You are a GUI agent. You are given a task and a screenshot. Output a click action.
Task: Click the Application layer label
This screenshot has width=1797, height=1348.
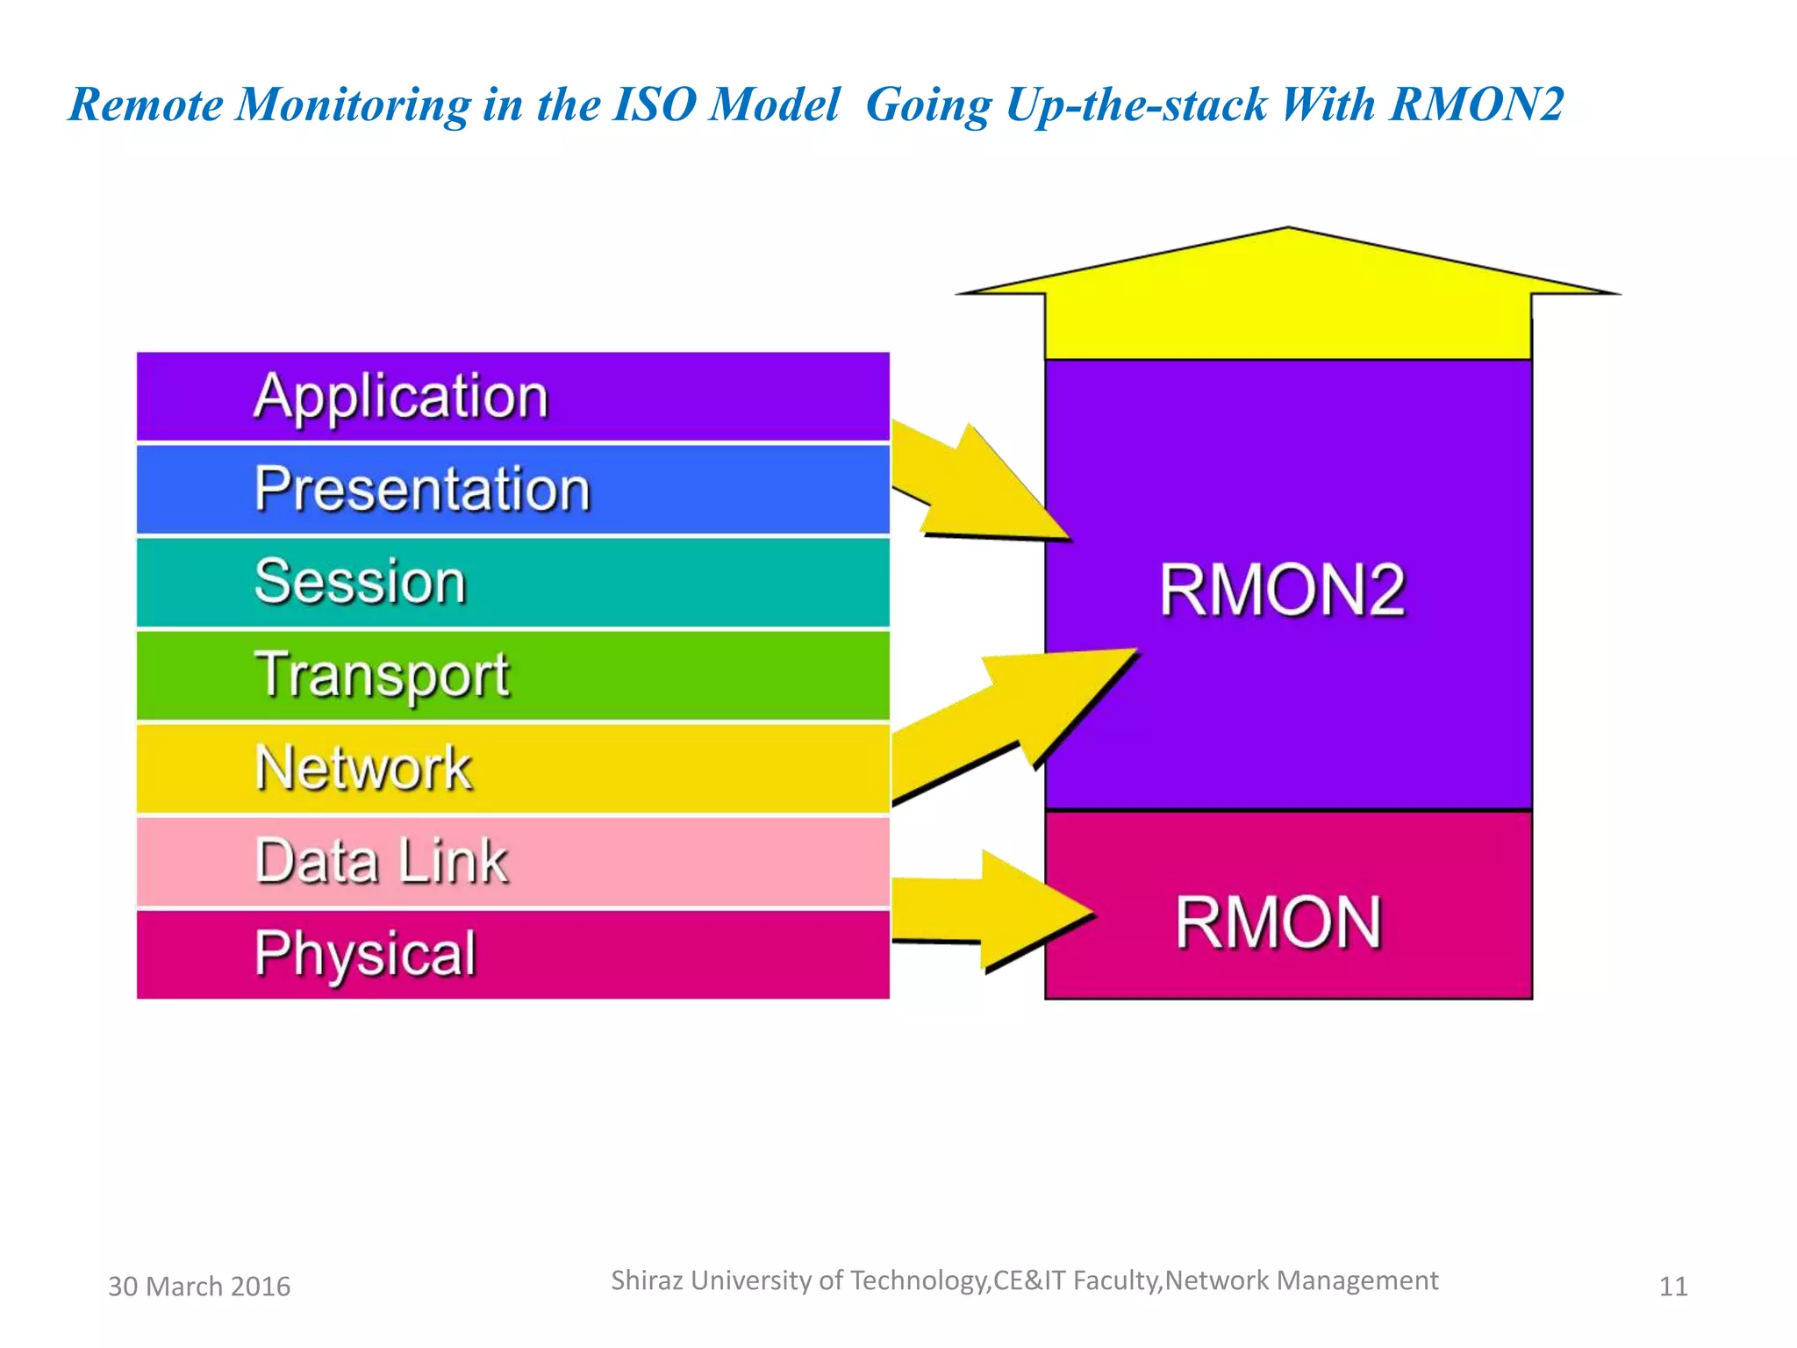click(401, 397)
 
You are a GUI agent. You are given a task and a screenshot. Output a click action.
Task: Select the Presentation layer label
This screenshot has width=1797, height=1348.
click(422, 489)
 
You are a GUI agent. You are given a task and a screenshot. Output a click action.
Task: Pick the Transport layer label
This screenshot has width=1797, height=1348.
click(382, 675)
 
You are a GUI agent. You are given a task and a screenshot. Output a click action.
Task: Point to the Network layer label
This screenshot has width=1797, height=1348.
click(363, 768)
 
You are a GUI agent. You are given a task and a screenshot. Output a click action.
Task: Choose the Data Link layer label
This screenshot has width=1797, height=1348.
click(382, 861)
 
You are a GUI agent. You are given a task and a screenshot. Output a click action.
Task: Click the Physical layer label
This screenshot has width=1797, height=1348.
click(365, 953)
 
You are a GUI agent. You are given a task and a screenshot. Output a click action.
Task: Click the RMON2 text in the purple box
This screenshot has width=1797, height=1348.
click(1282, 590)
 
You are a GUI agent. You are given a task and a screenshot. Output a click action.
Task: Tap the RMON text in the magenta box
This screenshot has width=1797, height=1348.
click(1278, 922)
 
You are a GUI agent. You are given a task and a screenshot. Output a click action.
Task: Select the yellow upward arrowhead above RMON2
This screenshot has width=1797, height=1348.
click(1287, 290)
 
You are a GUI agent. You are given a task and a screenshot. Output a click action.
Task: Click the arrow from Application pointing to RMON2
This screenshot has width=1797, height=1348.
click(974, 488)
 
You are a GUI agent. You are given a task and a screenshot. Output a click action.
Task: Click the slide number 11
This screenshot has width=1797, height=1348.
click(1673, 1287)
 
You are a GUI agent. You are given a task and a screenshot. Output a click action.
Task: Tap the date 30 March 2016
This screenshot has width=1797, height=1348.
click(199, 1287)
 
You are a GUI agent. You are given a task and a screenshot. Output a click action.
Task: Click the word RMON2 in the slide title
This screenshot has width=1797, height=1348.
click(1476, 104)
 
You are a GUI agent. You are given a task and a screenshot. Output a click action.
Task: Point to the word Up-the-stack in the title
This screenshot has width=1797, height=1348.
click(1135, 104)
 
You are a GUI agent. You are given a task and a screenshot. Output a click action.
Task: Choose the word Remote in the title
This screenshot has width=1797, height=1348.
click(146, 104)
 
